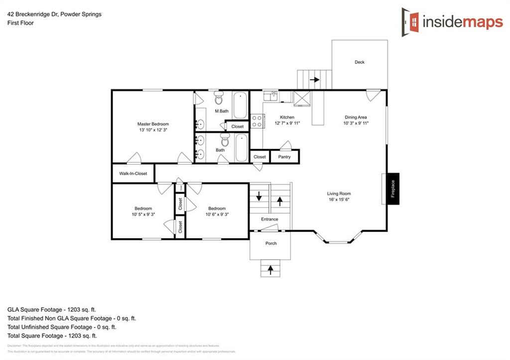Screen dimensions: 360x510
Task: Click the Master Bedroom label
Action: coord(153,124)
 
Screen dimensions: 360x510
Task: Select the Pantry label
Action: coord(284,157)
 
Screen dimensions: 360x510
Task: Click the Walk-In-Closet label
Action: coord(133,174)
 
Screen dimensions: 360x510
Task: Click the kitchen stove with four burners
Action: coord(256,121)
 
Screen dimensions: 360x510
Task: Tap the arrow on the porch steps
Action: coord(270,270)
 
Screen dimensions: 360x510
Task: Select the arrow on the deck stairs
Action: coord(315,79)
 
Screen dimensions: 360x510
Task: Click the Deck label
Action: coord(360,62)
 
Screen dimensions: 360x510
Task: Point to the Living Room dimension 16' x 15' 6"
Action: coord(339,200)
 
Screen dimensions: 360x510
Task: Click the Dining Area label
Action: coord(356,117)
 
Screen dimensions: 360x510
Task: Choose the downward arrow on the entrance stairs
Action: coord(259,197)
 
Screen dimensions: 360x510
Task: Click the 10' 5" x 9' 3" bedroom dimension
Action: coord(143,215)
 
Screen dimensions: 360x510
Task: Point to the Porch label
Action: coord(270,243)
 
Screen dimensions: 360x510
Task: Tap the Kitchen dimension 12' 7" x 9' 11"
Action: coord(288,123)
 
